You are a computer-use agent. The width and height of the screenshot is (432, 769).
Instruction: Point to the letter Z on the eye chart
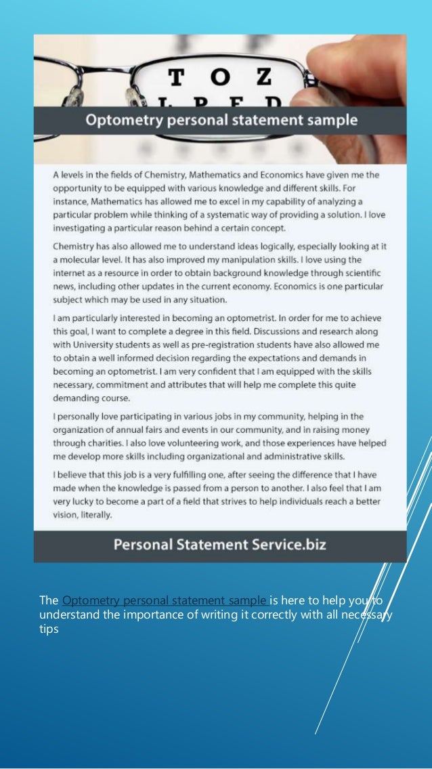coord(259,79)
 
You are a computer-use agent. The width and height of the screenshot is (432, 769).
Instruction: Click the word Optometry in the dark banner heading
coord(119,121)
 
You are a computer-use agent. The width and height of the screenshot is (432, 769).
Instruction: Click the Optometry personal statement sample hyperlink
coord(165,600)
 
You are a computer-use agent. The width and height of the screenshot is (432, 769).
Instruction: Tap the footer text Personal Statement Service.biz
coord(219,544)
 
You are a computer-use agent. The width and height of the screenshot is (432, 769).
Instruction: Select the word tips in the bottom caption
coord(49,629)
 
